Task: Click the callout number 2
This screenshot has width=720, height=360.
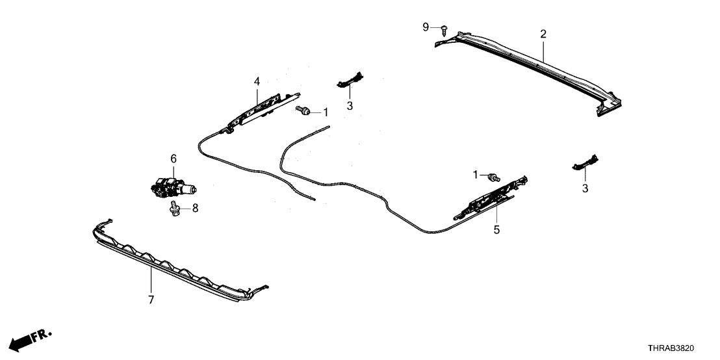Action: [x=543, y=34]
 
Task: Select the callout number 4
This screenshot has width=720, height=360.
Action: [x=257, y=81]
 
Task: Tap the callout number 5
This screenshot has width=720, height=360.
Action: [x=496, y=229]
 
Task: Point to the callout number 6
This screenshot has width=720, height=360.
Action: [x=174, y=158]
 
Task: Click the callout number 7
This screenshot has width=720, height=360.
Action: [x=151, y=300]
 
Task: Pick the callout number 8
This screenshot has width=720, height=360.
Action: [x=194, y=209]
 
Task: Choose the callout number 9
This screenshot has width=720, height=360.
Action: [x=426, y=27]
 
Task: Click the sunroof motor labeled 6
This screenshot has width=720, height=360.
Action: [x=171, y=186]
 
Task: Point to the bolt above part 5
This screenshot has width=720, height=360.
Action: [x=495, y=176]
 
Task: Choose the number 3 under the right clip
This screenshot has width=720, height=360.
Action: [x=585, y=188]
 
